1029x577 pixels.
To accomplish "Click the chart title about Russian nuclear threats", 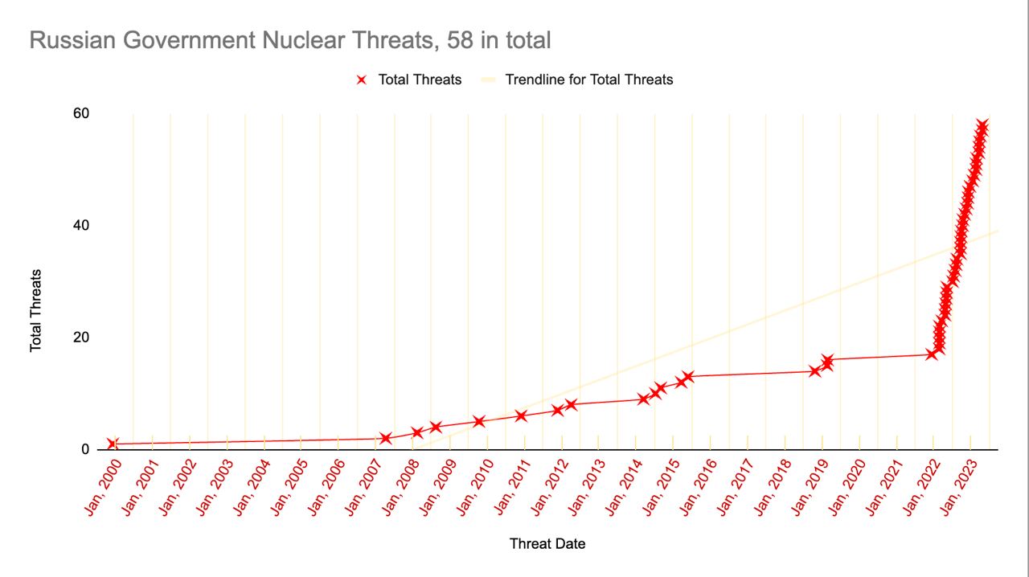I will (x=289, y=40).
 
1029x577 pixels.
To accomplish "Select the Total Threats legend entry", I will (x=419, y=80).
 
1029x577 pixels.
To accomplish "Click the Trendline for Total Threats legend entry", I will (x=588, y=80).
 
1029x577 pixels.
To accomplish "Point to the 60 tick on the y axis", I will (x=80, y=113).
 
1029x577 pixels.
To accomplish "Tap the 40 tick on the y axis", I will (x=80, y=225).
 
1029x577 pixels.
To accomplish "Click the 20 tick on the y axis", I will (x=80, y=338).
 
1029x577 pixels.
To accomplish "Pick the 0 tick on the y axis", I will (x=84, y=449).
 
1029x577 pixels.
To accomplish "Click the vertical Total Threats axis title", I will (x=36, y=310).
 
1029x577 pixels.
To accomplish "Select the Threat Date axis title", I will (x=547, y=544).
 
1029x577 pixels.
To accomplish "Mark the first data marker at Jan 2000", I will (x=112, y=444).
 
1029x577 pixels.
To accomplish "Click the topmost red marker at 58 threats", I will (x=982, y=125).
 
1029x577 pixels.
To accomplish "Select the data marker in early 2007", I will (x=386, y=438).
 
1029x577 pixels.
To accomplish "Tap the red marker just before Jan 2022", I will (x=932, y=354).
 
